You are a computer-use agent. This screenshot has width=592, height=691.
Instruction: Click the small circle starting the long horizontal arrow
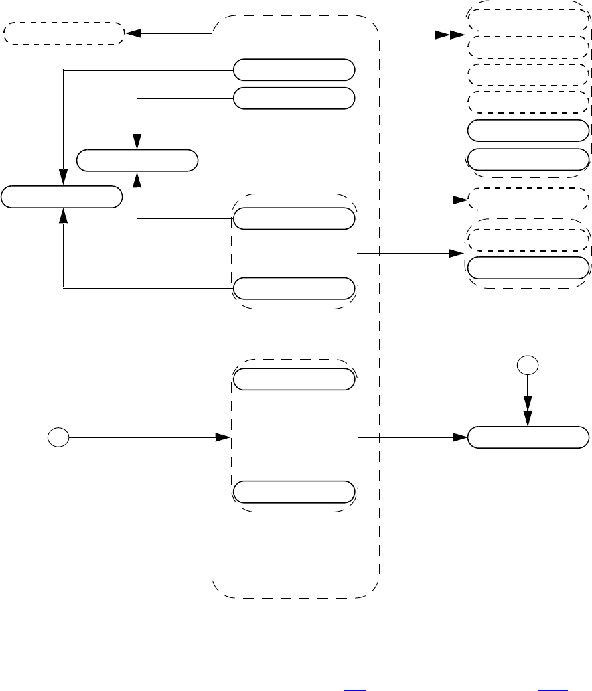(58, 438)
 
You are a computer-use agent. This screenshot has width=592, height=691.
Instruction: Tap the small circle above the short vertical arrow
(528, 366)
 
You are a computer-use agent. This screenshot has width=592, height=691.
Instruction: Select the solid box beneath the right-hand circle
(528, 438)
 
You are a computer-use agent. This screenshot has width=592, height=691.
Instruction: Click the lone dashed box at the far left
(64, 33)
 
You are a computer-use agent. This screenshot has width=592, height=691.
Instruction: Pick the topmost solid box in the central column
(294, 69)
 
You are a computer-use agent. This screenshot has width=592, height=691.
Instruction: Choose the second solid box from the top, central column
(294, 98)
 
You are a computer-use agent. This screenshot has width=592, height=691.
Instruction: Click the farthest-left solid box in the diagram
(62, 198)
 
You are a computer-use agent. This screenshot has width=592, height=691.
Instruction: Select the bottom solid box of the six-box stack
(528, 159)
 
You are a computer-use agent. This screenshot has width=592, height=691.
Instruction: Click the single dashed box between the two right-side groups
(528, 198)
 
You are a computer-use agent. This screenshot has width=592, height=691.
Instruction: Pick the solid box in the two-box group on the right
(528, 267)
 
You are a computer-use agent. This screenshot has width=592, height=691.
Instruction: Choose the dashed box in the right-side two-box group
(528, 239)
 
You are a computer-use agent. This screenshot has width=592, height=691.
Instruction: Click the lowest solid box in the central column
(294, 491)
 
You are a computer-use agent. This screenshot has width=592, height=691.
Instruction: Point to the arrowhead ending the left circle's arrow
(222, 438)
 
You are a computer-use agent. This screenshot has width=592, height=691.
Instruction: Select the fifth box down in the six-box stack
(528, 131)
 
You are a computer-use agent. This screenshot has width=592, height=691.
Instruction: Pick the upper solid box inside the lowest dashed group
(294, 379)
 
